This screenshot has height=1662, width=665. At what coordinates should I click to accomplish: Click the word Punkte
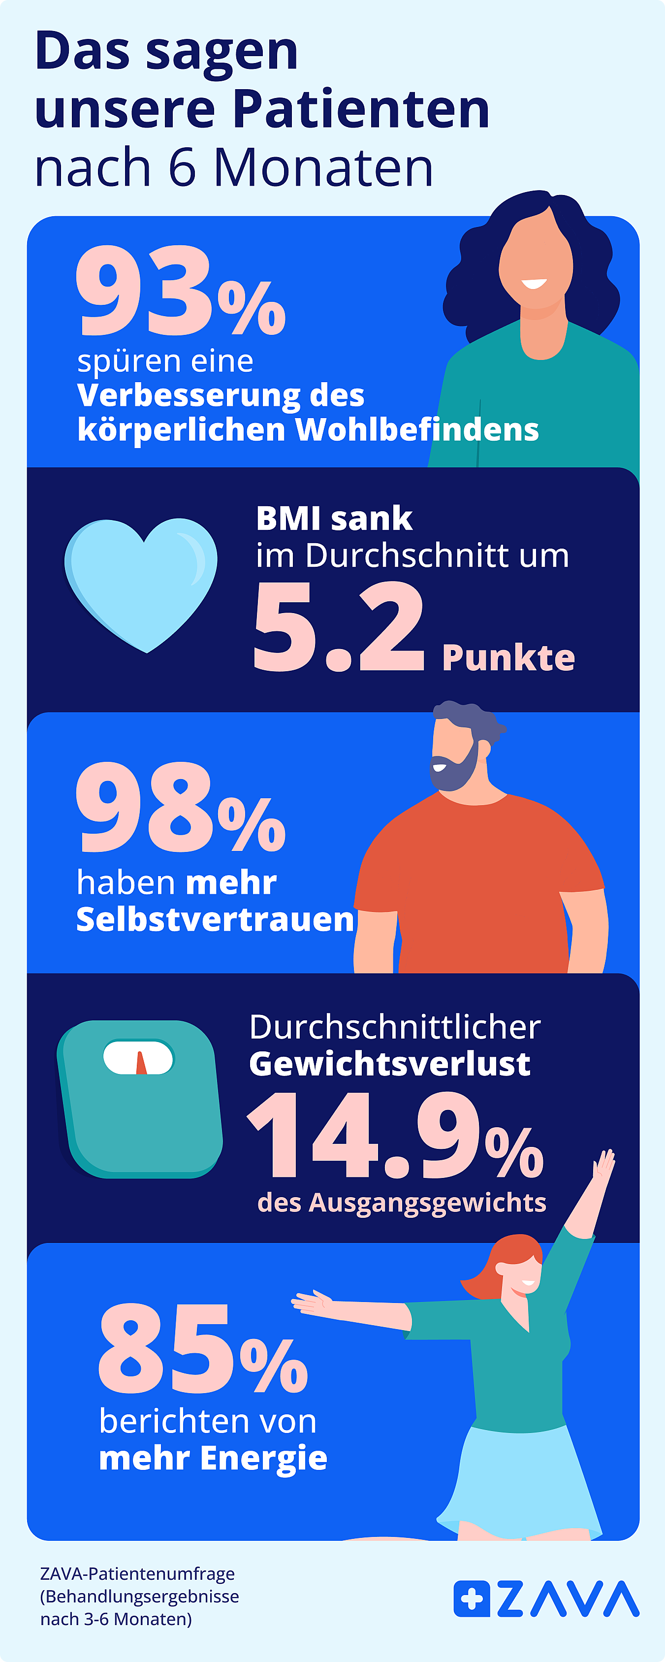pos(508,658)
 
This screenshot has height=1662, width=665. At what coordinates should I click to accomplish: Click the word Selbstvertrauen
pos(215,919)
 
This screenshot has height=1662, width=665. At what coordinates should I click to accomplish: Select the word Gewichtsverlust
pos(389,1064)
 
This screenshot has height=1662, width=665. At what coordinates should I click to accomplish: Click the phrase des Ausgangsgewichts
pos(401,1203)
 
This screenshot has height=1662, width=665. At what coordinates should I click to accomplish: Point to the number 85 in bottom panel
pos(164,1348)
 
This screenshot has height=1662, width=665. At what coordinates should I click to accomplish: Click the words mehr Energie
pos(213,1458)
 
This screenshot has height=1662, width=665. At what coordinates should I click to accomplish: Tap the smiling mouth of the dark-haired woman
pos(534,283)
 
